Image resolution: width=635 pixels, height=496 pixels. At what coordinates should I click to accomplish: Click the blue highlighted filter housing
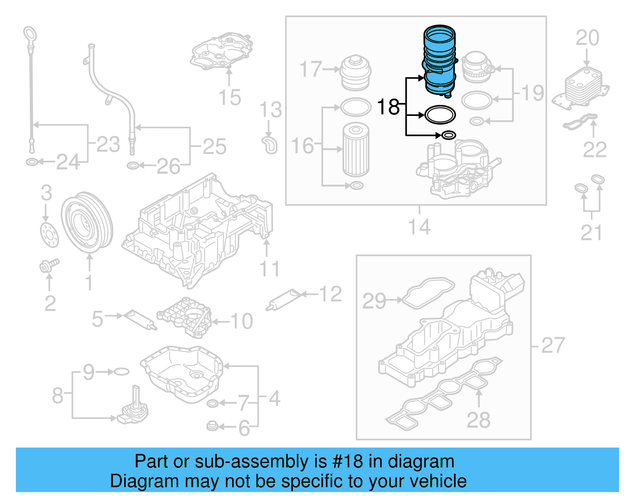tap(439, 60)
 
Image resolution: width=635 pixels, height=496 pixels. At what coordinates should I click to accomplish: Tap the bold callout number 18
tap(388, 107)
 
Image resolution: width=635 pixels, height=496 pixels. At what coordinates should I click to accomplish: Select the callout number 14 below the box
tap(419, 227)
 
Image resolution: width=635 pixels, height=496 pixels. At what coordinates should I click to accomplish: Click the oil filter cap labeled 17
tap(356, 73)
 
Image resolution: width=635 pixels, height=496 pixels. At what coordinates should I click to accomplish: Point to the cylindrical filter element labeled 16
tap(356, 150)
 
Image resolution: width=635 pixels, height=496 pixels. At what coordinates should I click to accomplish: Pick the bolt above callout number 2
tap(48, 265)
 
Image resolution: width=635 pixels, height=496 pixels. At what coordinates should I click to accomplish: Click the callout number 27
tap(552, 345)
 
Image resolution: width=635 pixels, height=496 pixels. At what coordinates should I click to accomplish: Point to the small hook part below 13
tap(269, 145)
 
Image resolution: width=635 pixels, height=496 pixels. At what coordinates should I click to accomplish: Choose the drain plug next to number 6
tap(212, 427)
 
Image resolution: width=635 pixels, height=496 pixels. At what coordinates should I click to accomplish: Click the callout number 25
tap(214, 147)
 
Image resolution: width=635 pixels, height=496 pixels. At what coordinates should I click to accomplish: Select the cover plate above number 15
tap(222, 52)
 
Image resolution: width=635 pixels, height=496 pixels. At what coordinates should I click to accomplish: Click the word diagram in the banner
tap(421, 462)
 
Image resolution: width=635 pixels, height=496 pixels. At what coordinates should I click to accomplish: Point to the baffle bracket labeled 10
tap(185, 318)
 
